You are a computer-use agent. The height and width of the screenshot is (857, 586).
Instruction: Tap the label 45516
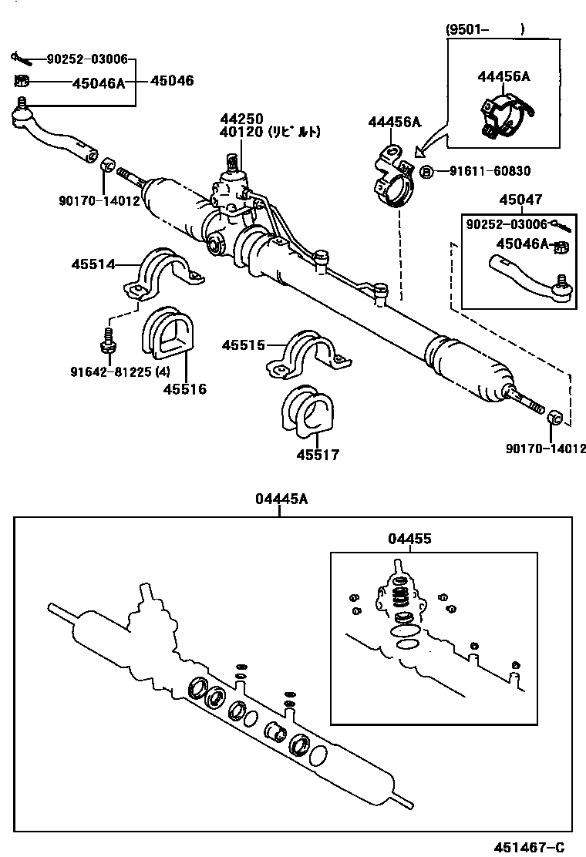[x=184, y=389]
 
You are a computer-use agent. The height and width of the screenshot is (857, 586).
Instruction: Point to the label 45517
[x=318, y=455]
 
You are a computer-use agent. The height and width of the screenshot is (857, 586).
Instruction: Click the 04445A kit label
[x=281, y=499]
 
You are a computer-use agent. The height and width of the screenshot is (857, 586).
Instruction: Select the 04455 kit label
[x=410, y=539]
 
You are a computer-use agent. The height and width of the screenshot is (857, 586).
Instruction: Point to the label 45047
[x=520, y=200]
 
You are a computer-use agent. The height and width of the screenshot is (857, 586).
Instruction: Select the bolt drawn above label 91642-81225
[x=109, y=341]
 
